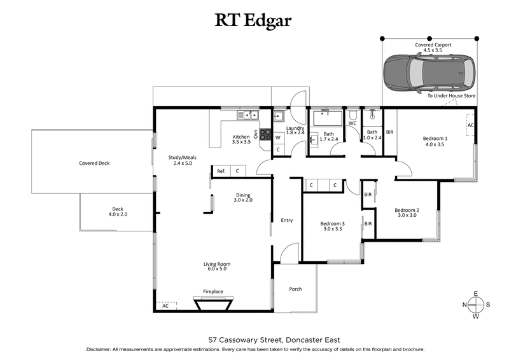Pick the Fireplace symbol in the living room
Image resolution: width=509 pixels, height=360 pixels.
pyautogui.click(x=213, y=304)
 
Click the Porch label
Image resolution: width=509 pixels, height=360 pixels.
pyautogui.click(x=295, y=289)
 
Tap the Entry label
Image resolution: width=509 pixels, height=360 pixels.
pyautogui.click(x=287, y=220)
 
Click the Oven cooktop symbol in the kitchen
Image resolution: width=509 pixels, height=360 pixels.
pyautogui.click(x=264, y=135)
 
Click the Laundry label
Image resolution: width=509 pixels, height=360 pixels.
pyautogui.click(x=295, y=128)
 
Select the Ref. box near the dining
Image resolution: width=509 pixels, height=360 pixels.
pyautogui.click(x=221, y=171)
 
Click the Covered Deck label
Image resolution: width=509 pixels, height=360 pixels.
pyautogui.click(x=94, y=163)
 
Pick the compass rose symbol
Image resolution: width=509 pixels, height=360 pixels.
pyautogui.click(x=475, y=305)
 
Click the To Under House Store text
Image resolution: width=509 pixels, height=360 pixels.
pyautogui.click(x=451, y=95)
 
